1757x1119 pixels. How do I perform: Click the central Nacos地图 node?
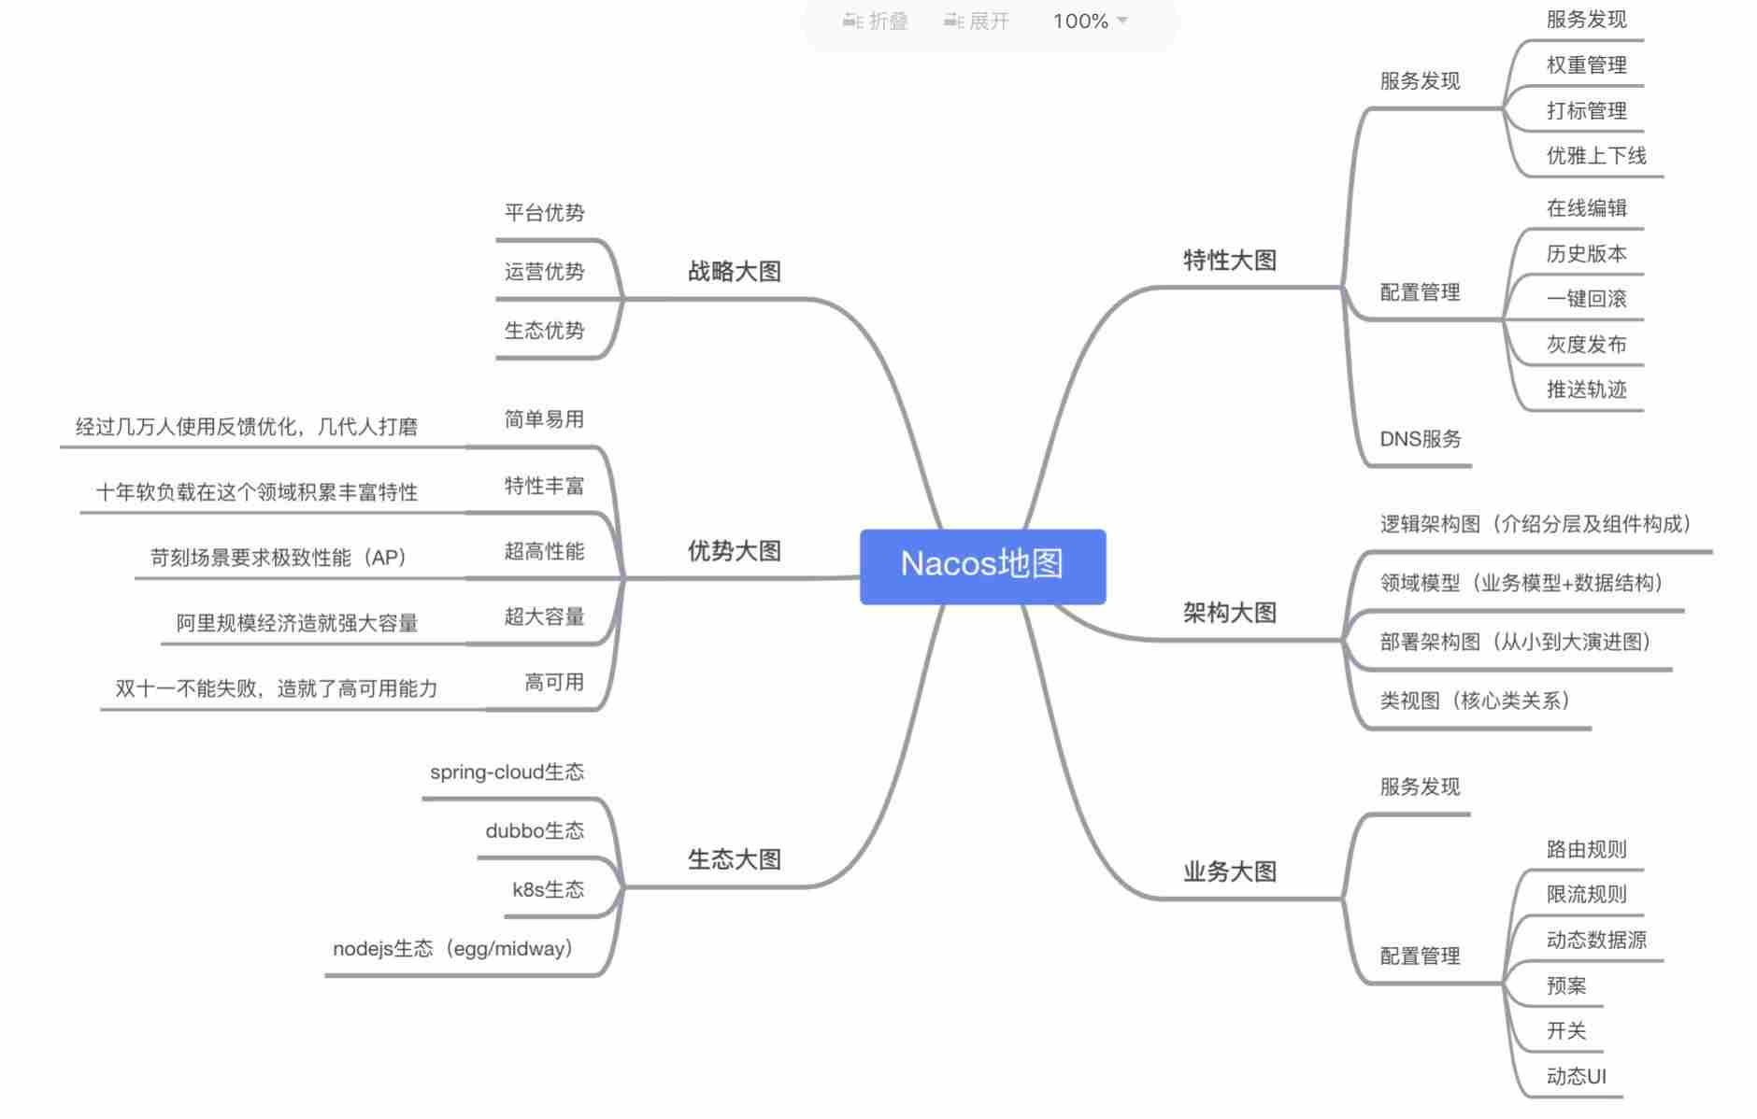pos(982,564)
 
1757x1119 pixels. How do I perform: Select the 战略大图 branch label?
pos(734,272)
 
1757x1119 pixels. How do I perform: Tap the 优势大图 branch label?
pos(734,551)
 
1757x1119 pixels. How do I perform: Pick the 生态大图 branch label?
pos(734,859)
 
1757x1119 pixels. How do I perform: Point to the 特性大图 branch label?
pos(1229,261)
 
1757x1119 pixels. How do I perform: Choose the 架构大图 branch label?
pos(1229,613)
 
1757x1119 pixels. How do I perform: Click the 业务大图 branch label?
pos(1229,871)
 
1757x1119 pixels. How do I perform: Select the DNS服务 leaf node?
pos(1420,439)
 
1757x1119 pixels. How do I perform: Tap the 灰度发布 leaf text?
pos(1586,345)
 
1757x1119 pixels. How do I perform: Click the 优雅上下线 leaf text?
pos(1595,156)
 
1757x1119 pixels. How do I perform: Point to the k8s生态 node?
pos(548,890)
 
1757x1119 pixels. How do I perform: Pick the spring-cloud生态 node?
pos(507,772)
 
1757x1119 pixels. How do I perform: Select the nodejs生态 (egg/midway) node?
pos(453,949)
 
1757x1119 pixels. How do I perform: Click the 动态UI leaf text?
pos(1576,1077)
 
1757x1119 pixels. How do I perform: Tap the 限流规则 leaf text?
pos(1586,895)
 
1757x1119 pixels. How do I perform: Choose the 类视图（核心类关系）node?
pos(1475,701)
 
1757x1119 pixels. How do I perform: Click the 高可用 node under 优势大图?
pos(554,683)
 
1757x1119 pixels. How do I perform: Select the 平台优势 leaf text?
pos(544,213)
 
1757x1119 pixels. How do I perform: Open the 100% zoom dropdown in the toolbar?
pos(1091,21)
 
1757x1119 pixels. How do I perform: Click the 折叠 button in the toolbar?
pos(876,21)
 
